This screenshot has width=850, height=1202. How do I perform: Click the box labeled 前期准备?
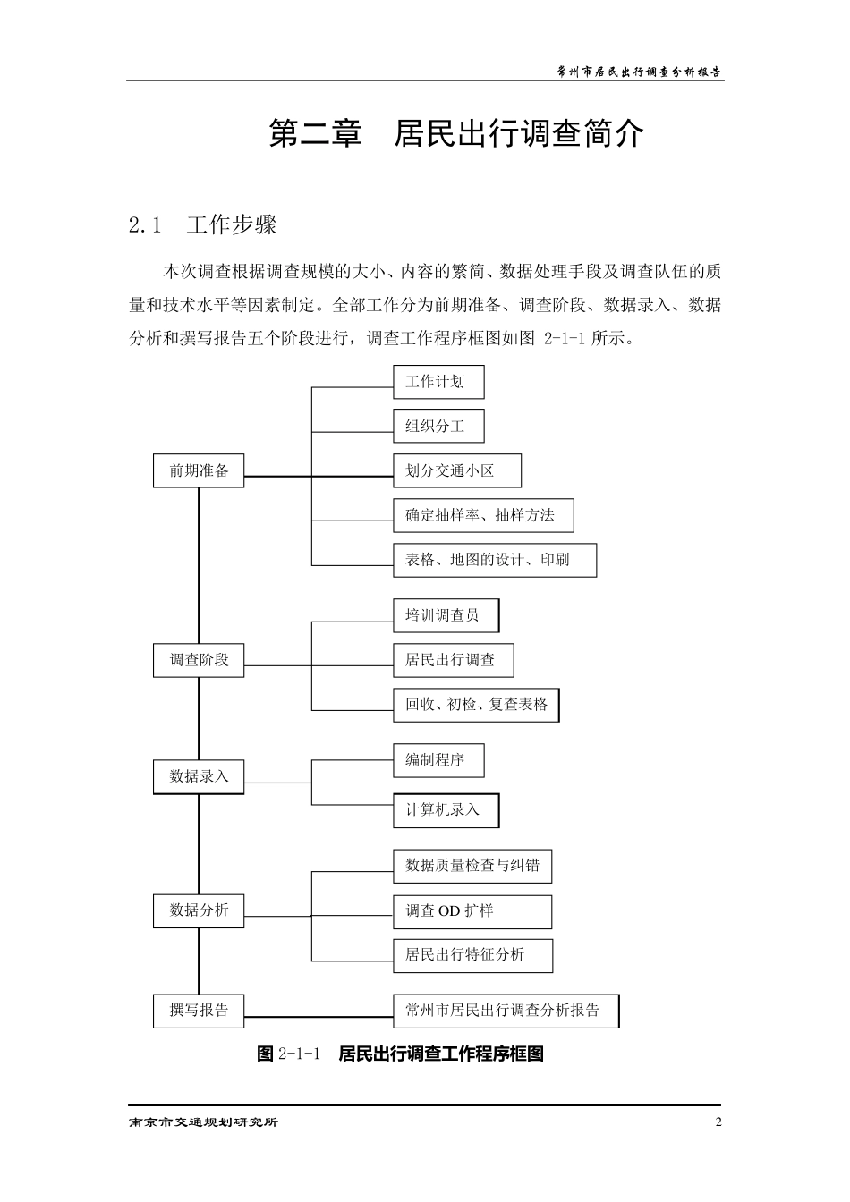pos(199,471)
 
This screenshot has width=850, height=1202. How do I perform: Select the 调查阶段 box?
pos(199,660)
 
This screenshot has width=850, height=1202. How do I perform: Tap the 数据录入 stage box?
pos(199,776)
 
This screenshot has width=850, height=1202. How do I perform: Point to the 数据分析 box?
pos(199,910)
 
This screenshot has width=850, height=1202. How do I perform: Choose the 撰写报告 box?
pos(199,1011)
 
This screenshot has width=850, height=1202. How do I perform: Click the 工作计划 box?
pos(438,382)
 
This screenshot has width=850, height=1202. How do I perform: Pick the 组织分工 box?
pos(438,427)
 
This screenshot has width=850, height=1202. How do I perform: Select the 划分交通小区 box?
pos(456,471)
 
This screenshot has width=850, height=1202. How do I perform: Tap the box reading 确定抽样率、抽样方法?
pos(483,515)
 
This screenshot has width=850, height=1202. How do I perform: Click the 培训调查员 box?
pos(446,615)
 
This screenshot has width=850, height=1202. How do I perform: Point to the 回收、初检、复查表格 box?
pos(476,705)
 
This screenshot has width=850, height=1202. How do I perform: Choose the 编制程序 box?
pos(438,760)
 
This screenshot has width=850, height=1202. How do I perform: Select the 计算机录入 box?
pos(446,810)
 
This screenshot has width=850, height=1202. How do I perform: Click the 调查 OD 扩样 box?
pos(472,911)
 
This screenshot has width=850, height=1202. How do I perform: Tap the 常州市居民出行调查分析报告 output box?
pos(506,1011)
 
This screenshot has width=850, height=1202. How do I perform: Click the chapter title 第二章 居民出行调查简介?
pos(456,134)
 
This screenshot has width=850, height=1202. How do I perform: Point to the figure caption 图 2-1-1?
pos(400,1054)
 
